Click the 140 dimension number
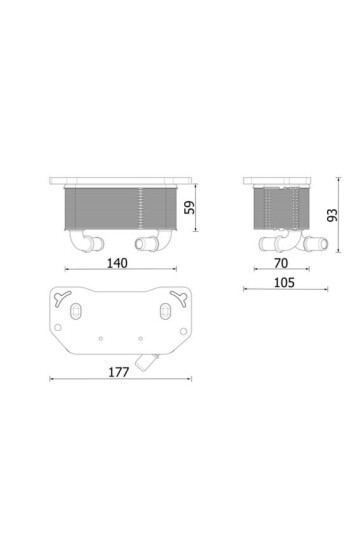tap(117, 263)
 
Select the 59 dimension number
tap(189, 207)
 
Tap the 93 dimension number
tap(332, 215)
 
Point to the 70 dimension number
tap(281, 263)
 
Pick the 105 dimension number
tap(285, 283)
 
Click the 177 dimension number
tap(119, 372)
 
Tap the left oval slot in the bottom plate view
tap(75, 311)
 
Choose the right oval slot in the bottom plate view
tap(166, 311)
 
